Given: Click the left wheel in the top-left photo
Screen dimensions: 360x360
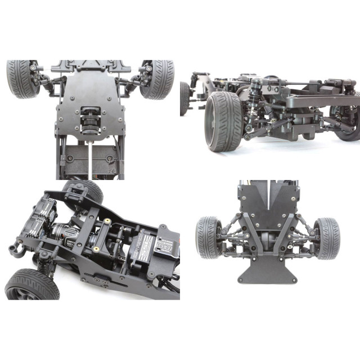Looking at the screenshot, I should point(23,79).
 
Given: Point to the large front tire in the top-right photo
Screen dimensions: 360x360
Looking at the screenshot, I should point(223,120).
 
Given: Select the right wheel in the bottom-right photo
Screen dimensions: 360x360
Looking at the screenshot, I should point(327,238).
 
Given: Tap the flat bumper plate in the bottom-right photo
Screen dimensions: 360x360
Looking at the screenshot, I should point(267,273).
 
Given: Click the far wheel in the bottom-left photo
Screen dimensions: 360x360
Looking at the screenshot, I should point(84,191).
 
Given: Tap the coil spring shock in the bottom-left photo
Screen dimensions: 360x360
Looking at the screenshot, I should point(44,259).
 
